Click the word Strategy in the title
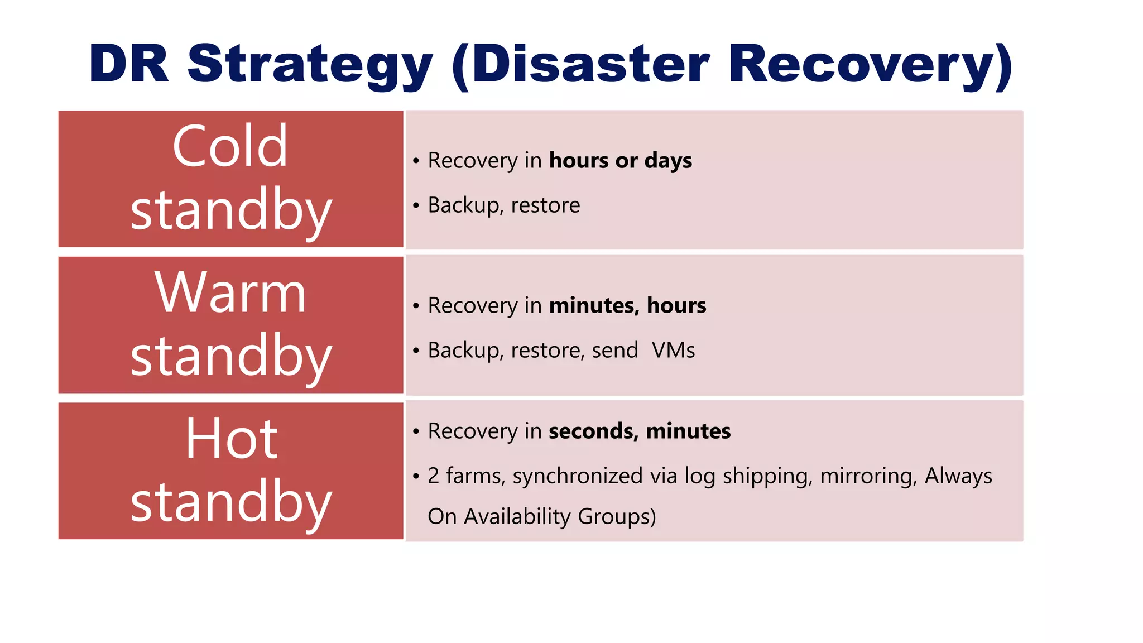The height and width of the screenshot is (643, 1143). point(310,66)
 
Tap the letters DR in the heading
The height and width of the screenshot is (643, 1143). point(129,64)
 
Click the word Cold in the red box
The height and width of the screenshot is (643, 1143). point(230,146)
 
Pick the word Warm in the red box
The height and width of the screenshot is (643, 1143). point(230,292)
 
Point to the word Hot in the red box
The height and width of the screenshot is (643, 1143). point(231,439)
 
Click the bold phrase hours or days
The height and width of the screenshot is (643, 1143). point(620,161)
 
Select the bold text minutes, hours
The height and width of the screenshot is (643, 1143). point(627,306)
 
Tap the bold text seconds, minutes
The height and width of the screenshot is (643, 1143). point(640,431)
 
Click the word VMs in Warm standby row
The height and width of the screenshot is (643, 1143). point(673,351)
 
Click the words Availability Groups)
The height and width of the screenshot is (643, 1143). point(560,517)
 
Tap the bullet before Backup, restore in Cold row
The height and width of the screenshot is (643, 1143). point(416,205)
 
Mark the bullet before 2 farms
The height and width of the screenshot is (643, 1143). point(416,476)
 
